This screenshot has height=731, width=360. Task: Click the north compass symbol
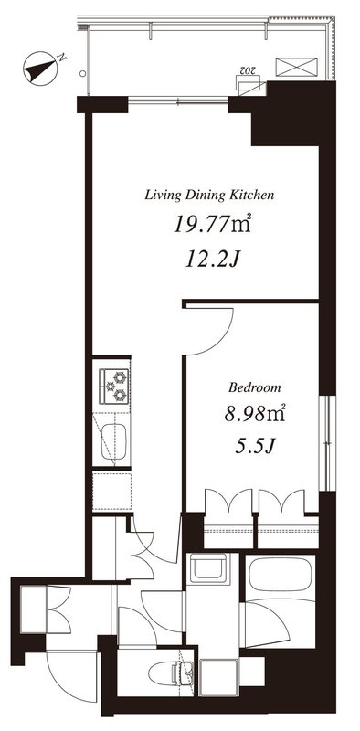(x=40, y=68)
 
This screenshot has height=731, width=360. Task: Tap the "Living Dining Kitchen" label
(x=209, y=195)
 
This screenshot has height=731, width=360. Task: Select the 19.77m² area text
(x=213, y=225)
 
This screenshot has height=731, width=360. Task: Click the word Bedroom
(x=255, y=387)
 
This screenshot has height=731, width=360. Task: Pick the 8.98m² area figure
(x=255, y=414)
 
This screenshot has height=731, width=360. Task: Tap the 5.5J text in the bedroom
(x=255, y=447)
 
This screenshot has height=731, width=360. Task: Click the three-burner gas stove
(x=114, y=386)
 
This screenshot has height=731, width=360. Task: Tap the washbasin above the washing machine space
(x=208, y=567)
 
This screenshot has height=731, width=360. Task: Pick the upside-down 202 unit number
(x=247, y=70)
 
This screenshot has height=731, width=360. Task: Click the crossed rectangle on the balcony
(x=296, y=67)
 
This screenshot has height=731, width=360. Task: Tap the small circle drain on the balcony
(x=82, y=73)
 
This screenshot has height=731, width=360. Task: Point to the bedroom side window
(x=330, y=443)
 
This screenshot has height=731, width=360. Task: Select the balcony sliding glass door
(x=178, y=101)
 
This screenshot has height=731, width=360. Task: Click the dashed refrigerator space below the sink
(x=111, y=492)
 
